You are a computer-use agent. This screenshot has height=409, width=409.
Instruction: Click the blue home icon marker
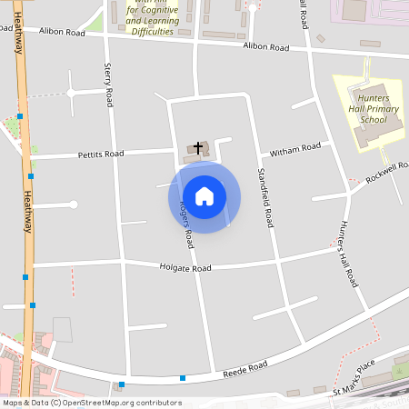tap(204, 195)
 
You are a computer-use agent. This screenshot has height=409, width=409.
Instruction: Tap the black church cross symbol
tap(198, 146)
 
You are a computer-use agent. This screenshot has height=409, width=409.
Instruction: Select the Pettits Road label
tap(101, 155)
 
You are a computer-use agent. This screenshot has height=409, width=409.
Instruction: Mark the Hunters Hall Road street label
tap(348, 254)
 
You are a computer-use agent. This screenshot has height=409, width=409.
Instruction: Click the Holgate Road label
tap(185, 268)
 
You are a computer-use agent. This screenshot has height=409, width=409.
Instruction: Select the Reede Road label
tap(245, 367)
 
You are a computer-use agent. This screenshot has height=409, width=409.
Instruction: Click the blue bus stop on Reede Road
tap(183, 377)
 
